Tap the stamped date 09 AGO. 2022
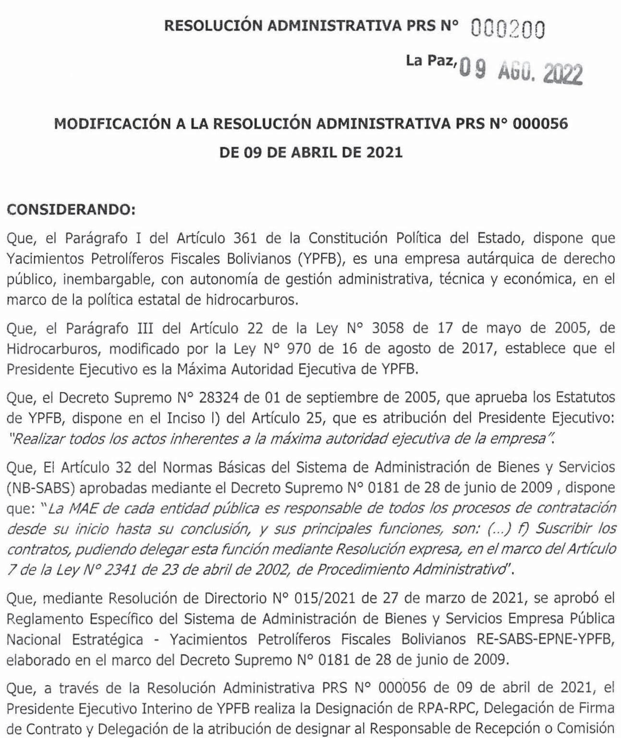point(521,73)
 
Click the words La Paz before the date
point(429,61)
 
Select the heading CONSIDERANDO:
point(71,210)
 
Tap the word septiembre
point(358,398)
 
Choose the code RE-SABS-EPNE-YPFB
point(546,640)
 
